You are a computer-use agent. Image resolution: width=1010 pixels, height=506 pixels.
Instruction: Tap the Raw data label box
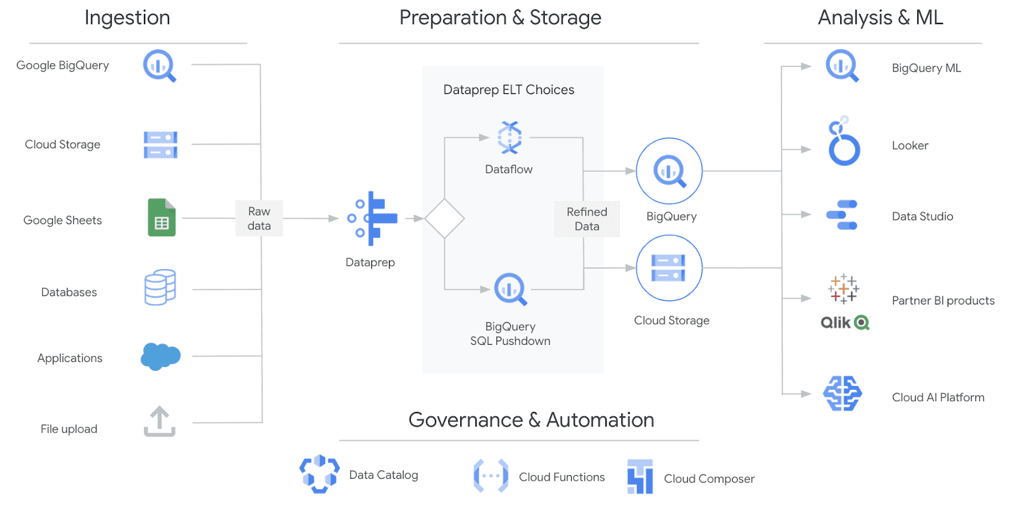(x=259, y=219)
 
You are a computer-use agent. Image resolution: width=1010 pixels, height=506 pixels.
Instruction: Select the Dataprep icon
(x=372, y=219)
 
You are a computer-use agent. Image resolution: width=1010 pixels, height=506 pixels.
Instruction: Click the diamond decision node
(x=444, y=219)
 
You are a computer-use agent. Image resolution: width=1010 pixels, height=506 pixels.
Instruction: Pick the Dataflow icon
(x=509, y=137)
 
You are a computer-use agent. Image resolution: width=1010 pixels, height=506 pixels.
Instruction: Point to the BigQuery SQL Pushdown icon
(x=510, y=289)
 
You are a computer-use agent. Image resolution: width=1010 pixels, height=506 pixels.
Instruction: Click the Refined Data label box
(x=586, y=219)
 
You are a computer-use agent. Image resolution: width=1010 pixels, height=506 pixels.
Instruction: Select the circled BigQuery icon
(x=669, y=171)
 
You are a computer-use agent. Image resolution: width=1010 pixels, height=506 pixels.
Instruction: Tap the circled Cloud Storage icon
(x=669, y=268)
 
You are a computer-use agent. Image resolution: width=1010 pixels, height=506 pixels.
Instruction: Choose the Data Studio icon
(x=842, y=215)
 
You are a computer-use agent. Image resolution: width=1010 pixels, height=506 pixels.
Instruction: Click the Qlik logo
(x=845, y=323)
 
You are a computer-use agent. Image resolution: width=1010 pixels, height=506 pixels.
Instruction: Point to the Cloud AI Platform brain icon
(x=843, y=394)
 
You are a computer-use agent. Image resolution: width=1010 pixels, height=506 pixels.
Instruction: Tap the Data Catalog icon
(x=319, y=474)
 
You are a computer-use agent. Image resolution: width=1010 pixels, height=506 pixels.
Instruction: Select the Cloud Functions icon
(x=490, y=476)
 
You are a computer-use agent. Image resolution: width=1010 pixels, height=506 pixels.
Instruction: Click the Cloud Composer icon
(x=639, y=477)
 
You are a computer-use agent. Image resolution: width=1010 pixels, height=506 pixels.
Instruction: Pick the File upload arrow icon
(x=159, y=421)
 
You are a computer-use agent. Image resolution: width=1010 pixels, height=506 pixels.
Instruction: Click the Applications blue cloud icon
(x=160, y=356)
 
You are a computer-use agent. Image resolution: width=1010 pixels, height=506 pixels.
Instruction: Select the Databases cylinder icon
(x=160, y=287)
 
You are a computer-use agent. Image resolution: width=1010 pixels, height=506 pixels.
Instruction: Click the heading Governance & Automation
(x=531, y=420)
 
